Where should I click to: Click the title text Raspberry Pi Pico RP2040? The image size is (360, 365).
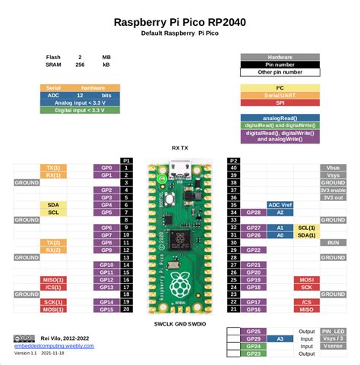[x=179, y=23]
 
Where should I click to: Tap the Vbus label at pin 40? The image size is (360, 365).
[x=333, y=167]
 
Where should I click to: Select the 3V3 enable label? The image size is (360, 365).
[x=333, y=190]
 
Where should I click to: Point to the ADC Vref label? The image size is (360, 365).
[x=280, y=205]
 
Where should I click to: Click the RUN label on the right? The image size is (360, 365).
[x=333, y=242]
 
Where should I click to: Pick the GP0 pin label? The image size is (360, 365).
[x=106, y=167]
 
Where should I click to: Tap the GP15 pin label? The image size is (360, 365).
[x=106, y=309]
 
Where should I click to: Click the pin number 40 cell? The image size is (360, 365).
[x=233, y=167]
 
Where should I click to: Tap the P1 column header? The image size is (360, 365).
[x=127, y=160]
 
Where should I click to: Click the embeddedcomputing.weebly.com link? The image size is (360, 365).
[x=53, y=345]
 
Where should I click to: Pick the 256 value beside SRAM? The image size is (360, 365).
[x=79, y=65]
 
